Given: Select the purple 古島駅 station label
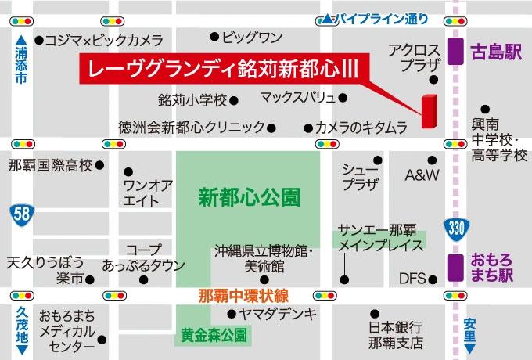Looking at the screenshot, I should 495,53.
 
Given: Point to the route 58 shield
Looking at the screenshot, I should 21,213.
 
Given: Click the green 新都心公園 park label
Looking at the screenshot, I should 249,196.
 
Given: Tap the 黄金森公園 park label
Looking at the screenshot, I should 211,335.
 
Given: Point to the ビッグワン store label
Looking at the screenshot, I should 251,37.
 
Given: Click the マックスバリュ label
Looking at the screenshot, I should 298,98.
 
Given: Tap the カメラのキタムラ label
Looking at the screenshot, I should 361,127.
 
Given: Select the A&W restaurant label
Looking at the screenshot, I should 422,174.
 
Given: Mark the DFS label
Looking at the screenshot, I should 412,278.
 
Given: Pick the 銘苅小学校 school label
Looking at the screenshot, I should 192,100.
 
